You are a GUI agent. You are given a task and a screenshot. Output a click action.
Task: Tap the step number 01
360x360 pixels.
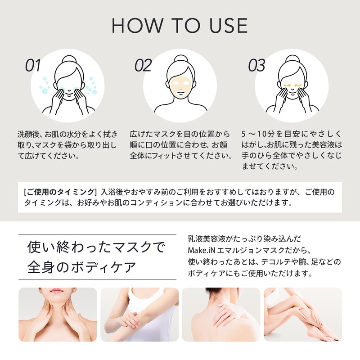(33, 66)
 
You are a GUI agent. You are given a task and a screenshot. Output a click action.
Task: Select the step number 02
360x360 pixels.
(143, 66)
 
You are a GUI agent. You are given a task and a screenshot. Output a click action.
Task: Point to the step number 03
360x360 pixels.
(256, 66)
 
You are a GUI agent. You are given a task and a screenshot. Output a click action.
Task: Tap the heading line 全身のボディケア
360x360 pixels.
(81, 266)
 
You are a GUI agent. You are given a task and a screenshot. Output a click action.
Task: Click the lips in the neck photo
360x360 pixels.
(57, 292)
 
